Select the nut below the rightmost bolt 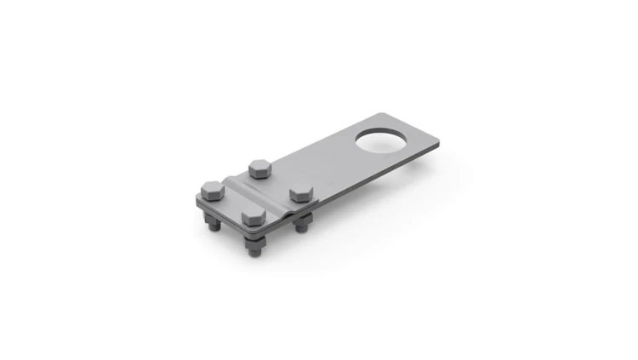[301, 226]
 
